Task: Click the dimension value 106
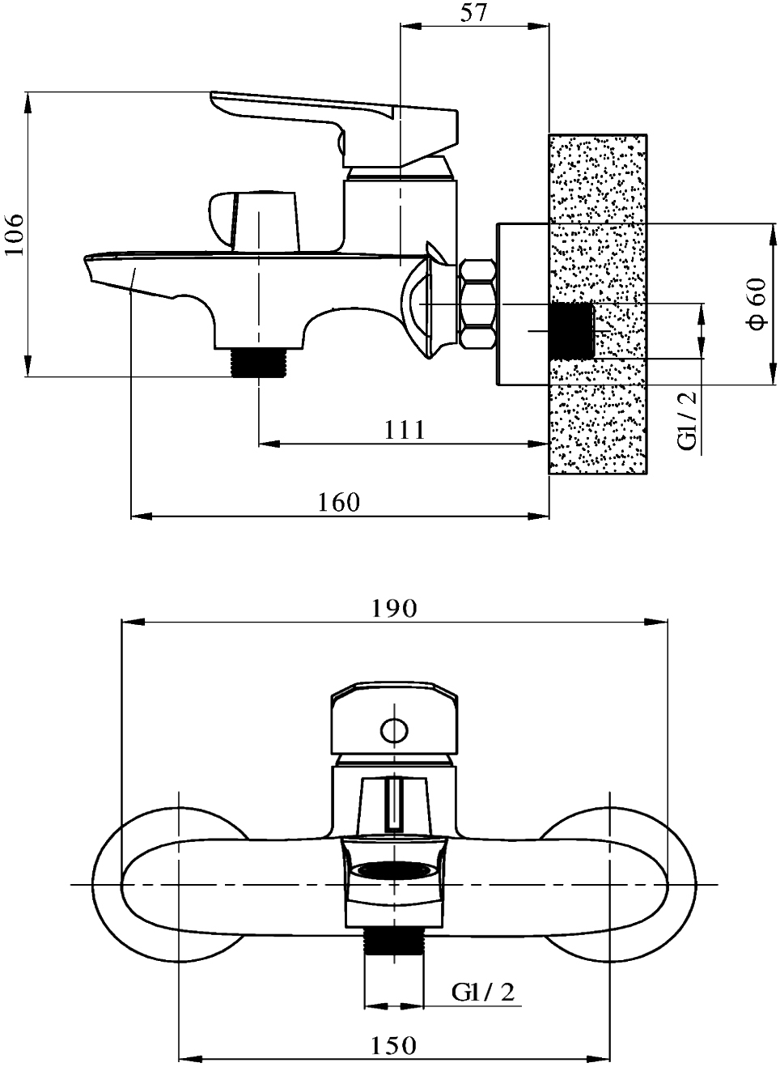(15, 234)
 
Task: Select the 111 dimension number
(405, 430)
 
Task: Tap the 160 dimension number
(338, 502)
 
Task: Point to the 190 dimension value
(394, 608)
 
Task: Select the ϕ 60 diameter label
(757, 304)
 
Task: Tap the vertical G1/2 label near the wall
(687, 421)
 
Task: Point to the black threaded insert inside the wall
(572, 331)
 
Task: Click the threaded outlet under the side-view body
(259, 363)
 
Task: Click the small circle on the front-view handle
(394, 729)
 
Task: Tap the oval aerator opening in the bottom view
(395, 869)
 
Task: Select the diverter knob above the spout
(254, 220)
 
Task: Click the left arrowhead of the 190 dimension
(134, 622)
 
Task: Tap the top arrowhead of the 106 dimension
(28, 103)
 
